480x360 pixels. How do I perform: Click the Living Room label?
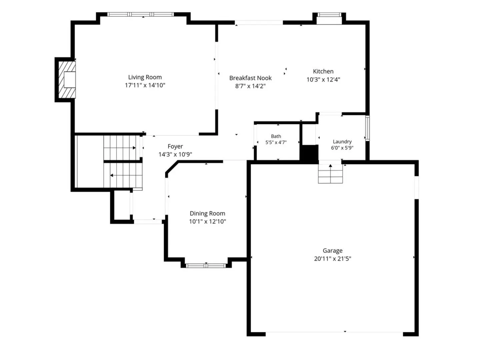coord(145,77)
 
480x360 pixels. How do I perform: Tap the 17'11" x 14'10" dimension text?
coord(145,85)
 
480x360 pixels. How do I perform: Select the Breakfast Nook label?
coord(250,78)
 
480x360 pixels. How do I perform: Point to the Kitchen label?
coord(323,71)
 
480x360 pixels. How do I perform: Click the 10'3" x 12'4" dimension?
coord(323,80)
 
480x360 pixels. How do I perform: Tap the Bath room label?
coord(276,136)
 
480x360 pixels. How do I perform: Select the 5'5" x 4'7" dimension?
coord(276,143)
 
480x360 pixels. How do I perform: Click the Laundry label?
coord(342,142)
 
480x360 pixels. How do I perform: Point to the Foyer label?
coord(175,146)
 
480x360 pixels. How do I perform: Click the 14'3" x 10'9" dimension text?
coord(175,155)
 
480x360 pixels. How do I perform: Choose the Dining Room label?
coord(207,214)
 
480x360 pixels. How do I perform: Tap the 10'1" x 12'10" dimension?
coord(207,222)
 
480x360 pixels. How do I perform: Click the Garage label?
coord(332,251)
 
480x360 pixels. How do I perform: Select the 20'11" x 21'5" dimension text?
coord(332,259)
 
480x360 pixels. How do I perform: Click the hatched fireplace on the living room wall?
coord(67,80)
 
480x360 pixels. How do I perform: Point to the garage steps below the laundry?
coord(330,174)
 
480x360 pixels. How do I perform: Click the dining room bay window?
coord(206,266)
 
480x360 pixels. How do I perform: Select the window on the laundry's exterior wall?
coord(367,128)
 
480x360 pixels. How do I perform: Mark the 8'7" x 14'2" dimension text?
coord(250,86)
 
